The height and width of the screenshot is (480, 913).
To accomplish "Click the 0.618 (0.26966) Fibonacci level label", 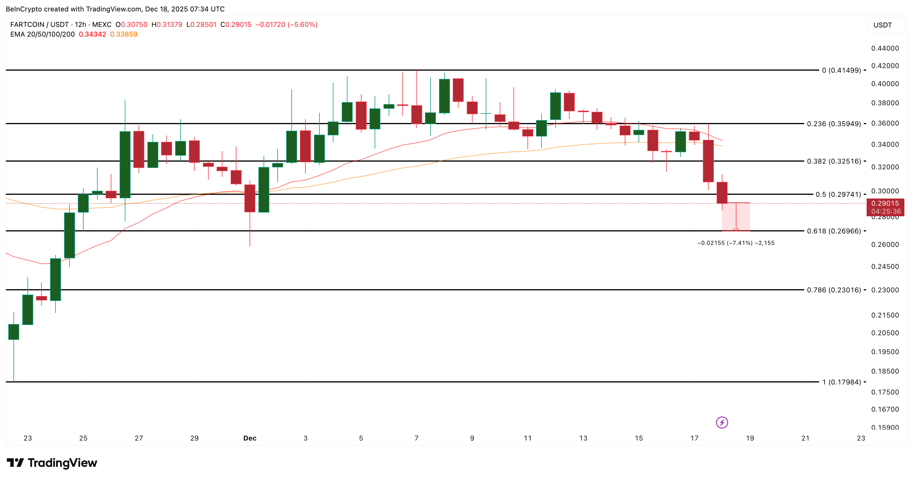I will [x=834, y=231].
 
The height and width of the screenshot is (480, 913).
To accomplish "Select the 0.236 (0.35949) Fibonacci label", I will [x=834, y=124].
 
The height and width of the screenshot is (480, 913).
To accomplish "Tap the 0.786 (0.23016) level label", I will [x=834, y=290].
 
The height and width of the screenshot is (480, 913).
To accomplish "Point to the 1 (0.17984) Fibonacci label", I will [x=841, y=382].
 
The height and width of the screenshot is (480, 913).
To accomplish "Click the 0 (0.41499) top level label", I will [x=841, y=70].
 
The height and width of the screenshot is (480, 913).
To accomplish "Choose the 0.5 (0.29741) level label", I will [x=838, y=194].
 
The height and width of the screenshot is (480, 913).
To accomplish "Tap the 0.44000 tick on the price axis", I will [x=885, y=48].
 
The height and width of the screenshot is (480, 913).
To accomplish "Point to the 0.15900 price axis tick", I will [x=885, y=427].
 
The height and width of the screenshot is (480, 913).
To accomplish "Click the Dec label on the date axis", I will [x=250, y=438].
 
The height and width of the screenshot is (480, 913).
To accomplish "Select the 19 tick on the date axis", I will [x=750, y=438].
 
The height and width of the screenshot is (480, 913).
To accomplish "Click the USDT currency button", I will [x=883, y=25].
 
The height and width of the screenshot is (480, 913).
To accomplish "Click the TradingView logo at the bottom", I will [x=52, y=463].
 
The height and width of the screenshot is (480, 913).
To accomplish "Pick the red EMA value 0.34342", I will [x=92, y=34].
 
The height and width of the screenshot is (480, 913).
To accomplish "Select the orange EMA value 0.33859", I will [x=124, y=34].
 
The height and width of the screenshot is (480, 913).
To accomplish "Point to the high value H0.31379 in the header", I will [x=167, y=24].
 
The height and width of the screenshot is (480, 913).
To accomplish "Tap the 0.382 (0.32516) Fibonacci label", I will [x=834, y=161].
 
